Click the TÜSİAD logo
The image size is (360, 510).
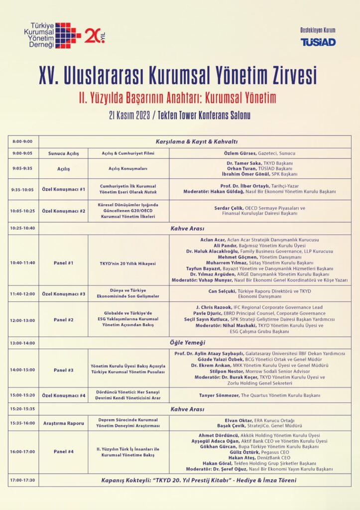click(318, 42)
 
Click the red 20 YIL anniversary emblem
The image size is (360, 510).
click(95, 35)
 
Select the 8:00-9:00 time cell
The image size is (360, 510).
click(23, 141)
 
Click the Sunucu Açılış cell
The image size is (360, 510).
click(63, 153)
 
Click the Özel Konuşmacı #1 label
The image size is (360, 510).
click(63, 189)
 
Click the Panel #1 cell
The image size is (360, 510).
click(63, 263)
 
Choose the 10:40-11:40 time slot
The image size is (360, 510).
click(23, 263)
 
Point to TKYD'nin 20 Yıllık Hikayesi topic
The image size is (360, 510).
click(128, 263)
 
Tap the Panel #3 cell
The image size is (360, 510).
click(63, 370)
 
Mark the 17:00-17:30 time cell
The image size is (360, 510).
click(23, 480)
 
